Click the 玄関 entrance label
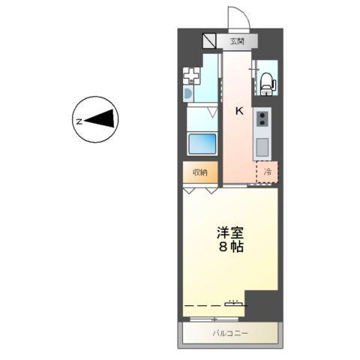[236, 40]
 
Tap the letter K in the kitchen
[239, 111]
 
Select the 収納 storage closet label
[199, 172]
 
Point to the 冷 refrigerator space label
[268, 172]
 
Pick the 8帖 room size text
[231, 248]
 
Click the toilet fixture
[267, 81]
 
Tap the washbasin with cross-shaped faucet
[193, 76]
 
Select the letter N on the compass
[78, 119]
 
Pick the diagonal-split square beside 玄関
[209, 40]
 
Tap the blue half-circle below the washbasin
[187, 94]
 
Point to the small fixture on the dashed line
[234, 303]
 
